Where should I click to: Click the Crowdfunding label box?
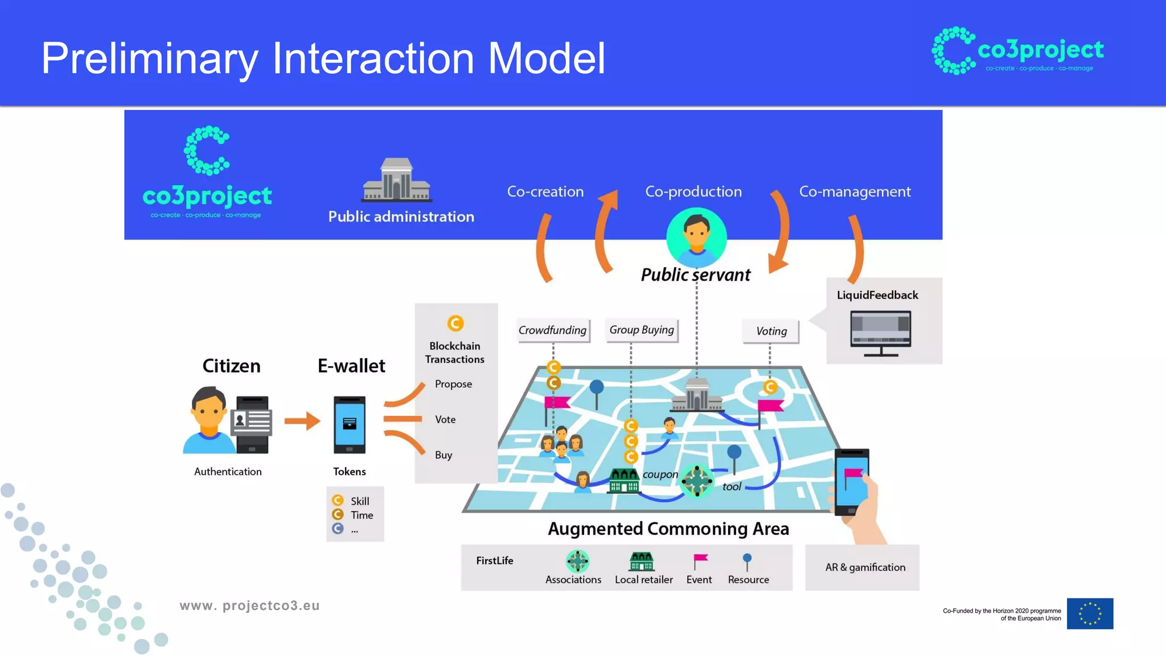552,330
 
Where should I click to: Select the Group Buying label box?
641,330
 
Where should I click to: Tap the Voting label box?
771,331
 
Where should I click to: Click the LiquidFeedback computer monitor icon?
880,333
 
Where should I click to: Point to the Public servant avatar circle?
696,237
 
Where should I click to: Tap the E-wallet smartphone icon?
349,424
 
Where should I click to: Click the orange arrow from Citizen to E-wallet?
302,421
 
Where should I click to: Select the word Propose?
453,384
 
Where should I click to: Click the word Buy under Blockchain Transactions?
444,455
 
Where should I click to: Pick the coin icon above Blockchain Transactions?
455,323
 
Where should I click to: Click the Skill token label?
359,501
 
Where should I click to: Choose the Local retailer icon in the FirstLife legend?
642,561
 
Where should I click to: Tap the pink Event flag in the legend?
700,561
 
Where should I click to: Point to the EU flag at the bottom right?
1090,613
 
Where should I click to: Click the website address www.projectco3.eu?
249,606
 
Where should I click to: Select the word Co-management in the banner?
855,192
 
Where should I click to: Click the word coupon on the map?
660,474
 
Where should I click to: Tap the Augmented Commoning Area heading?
668,529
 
